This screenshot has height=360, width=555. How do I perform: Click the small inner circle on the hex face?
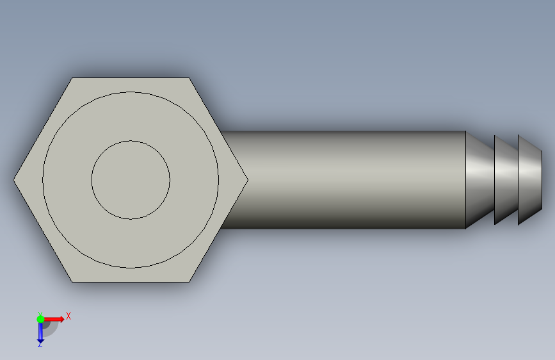point(131,141)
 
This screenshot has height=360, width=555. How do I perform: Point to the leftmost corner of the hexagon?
point(13,180)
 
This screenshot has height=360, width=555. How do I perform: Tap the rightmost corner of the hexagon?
point(248,180)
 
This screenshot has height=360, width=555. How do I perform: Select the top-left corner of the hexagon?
point(72,78)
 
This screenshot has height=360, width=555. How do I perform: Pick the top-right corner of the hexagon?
point(189,78)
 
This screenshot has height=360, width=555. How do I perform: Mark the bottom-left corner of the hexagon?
point(72,282)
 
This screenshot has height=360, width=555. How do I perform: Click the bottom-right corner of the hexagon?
point(189,282)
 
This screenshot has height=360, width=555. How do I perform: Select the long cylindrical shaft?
point(343,180)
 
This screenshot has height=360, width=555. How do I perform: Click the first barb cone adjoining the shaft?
point(479,180)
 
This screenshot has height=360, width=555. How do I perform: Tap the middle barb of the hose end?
point(506,180)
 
